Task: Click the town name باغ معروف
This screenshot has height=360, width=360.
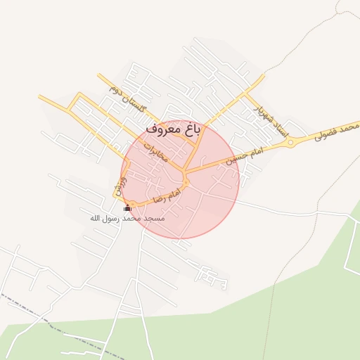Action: (174, 129)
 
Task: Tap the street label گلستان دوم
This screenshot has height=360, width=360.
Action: (127, 100)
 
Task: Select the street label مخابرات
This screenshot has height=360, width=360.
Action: (156, 150)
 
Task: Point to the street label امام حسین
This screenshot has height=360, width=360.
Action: (245, 156)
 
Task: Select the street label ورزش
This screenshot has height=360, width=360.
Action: (119, 186)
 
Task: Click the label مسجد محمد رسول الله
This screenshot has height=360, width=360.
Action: (127, 219)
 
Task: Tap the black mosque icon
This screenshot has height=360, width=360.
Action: (127, 208)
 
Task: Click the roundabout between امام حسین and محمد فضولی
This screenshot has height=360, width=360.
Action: (290, 143)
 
